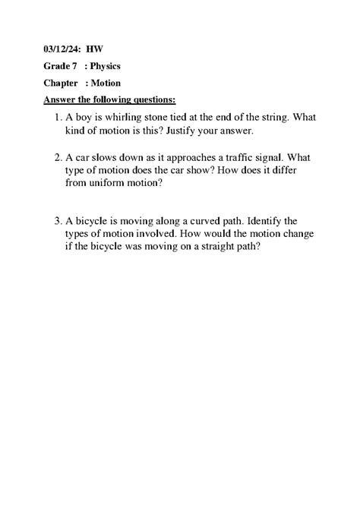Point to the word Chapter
61,83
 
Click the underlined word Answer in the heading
60,99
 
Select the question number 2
58,157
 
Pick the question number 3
58,221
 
